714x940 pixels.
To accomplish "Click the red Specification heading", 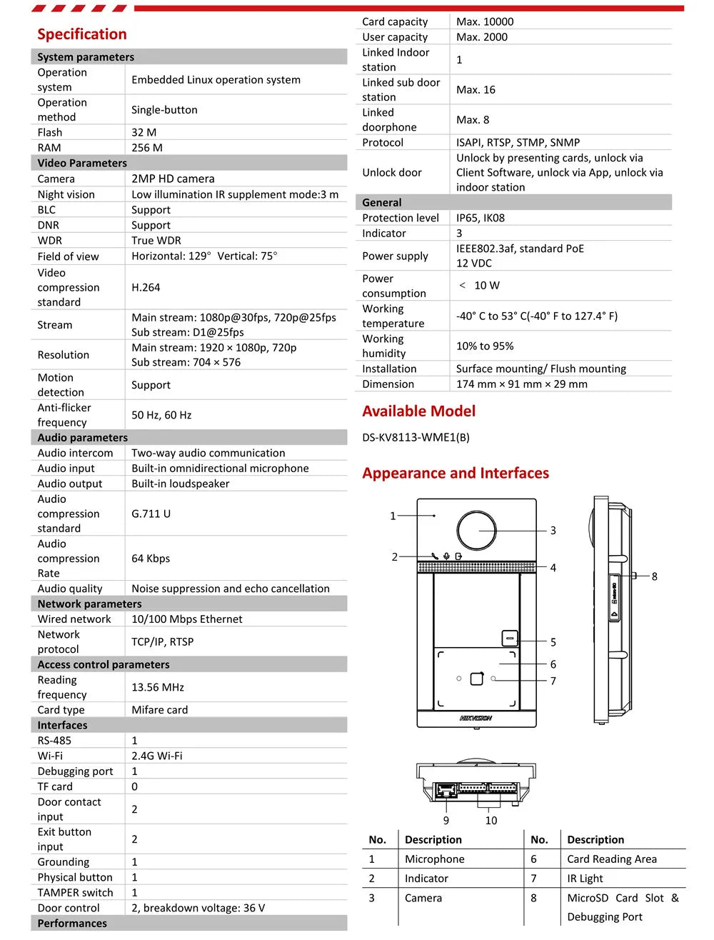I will point(81,34).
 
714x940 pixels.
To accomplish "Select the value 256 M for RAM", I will point(147,148).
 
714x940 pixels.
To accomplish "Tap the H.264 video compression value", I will point(146,287).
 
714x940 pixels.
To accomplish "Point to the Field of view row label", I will point(69,256).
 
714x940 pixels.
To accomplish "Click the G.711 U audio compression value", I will point(151,514).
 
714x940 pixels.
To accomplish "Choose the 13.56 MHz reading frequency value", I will point(158,687).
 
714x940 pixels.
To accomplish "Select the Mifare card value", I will point(160,710).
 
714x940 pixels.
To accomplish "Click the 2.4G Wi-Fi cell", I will point(157,756).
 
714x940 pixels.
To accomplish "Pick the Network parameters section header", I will point(89,604).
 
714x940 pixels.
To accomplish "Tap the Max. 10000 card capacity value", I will point(485,22).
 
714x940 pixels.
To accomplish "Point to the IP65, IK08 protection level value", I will point(481,218).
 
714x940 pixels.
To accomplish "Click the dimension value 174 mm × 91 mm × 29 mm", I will point(522,384).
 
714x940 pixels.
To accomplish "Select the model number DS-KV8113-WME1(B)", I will point(416,437).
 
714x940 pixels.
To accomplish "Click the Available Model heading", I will point(418,411).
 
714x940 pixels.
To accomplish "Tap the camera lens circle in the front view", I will point(476,531).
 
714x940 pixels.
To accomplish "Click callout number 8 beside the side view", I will point(654,576).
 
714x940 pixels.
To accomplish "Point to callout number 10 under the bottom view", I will point(491,821).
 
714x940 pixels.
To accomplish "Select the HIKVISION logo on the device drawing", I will point(476,718).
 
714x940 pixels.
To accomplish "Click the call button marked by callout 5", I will point(509,637).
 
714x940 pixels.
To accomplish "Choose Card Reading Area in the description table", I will point(612,859).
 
